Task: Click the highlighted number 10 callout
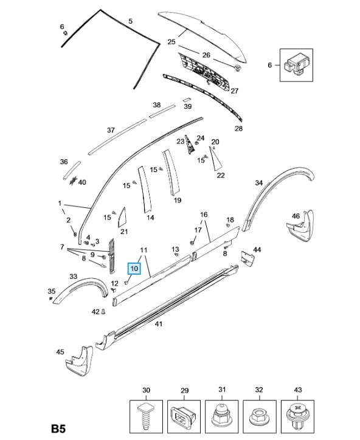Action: [x=134, y=269]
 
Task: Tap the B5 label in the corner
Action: [x=58, y=429]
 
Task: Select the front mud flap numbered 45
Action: [x=79, y=362]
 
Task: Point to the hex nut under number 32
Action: [x=259, y=416]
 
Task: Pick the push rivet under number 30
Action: [x=146, y=416]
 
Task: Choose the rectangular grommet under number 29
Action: [x=184, y=416]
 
